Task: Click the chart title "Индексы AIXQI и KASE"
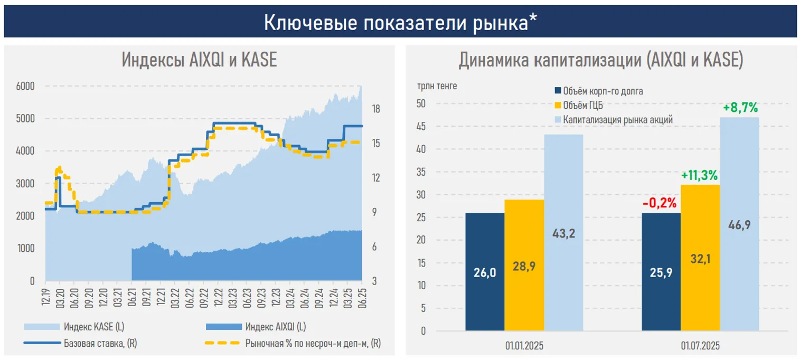pyautogui.click(x=199, y=60)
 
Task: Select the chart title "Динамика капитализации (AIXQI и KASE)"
pyautogui.click(x=600, y=60)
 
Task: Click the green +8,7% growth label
pyautogui.click(x=740, y=108)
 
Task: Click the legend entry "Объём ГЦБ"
pyautogui.click(x=582, y=106)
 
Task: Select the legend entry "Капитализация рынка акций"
pyautogui.click(x=617, y=120)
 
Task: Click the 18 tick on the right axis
pyautogui.click(x=376, y=109)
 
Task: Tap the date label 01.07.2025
pyautogui.click(x=700, y=346)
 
